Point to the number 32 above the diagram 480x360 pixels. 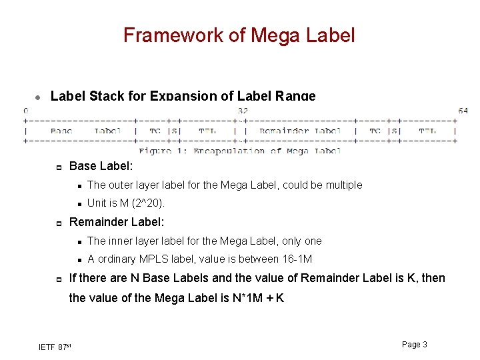(243, 111)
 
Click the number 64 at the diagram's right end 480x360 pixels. (463, 111)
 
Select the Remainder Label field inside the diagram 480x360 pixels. (300, 131)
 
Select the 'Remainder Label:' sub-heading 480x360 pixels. (117, 222)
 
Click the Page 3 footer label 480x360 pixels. (415, 344)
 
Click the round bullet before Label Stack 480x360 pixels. (38, 97)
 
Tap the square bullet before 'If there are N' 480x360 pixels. (59, 279)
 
